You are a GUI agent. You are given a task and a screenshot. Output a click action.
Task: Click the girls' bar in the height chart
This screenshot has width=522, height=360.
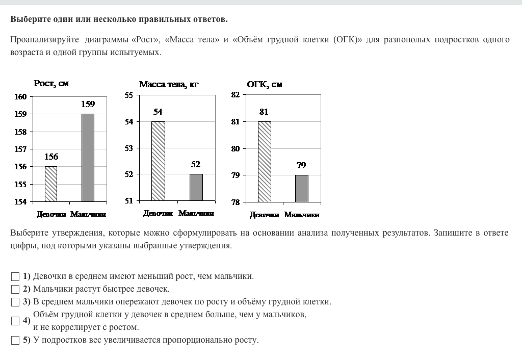(51, 184)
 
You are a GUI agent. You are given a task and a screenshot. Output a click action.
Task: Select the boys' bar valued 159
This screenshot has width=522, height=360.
(88, 158)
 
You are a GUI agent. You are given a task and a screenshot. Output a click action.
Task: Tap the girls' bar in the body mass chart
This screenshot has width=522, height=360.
(158, 161)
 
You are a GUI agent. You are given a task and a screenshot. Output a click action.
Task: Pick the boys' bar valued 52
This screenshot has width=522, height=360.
(196, 187)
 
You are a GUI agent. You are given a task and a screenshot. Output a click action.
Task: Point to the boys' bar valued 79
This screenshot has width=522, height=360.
(302, 189)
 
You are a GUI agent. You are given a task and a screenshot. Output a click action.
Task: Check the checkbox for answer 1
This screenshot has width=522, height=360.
(15, 277)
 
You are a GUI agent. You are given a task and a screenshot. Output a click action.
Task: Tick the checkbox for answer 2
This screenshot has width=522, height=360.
(15, 290)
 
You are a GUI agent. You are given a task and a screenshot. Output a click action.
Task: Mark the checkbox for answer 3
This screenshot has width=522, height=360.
(15, 302)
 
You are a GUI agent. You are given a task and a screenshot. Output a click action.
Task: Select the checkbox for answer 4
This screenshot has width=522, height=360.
(15, 321)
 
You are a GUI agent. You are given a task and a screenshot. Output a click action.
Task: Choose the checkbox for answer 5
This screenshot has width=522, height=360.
(15, 341)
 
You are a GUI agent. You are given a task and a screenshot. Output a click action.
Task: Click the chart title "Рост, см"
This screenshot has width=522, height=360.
(51, 84)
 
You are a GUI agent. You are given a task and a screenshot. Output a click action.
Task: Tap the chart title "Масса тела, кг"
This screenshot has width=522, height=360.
(168, 85)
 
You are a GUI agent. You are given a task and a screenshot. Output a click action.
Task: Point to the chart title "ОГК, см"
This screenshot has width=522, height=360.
(265, 85)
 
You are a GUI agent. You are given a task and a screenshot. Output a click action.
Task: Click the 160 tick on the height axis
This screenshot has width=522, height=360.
(20, 97)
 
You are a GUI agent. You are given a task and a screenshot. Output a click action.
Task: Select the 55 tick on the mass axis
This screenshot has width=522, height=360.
(128, 95)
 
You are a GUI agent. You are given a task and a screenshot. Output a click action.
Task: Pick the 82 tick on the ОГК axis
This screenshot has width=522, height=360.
(235, 95)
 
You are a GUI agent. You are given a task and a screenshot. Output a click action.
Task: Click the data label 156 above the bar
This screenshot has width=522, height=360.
(51, 157)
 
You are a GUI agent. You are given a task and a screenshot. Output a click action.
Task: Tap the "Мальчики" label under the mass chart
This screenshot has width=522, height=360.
(196, 213)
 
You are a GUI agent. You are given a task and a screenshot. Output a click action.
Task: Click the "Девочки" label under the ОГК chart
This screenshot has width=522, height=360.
(264, 215)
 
